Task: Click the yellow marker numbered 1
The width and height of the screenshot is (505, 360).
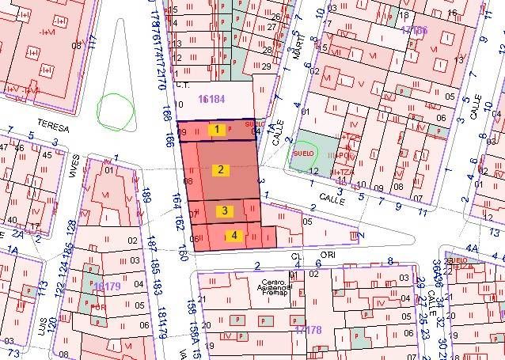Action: [216, 129]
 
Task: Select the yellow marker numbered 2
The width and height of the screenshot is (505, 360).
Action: [222, 169]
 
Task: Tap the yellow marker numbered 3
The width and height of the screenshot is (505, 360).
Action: [225, 210]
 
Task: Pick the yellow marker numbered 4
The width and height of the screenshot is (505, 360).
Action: [234, 235]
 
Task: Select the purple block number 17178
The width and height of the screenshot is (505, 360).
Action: [307, 329]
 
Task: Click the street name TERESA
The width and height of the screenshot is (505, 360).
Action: [52, 127]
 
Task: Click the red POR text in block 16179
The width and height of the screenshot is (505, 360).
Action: [98, 306]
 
